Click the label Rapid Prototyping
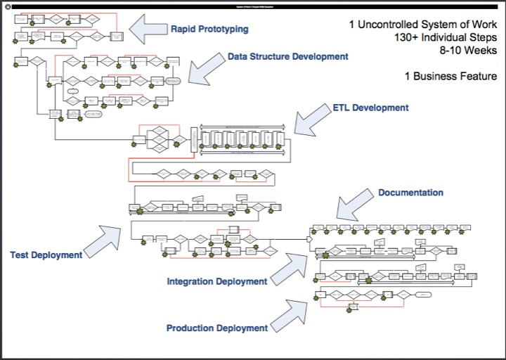(209, 30)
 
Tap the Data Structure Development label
(287, 56)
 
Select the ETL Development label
(370, 108)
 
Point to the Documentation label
(410, 192)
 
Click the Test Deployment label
(46, 255)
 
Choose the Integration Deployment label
(217, 282)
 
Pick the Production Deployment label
(217, 328)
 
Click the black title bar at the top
(253, 6)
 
